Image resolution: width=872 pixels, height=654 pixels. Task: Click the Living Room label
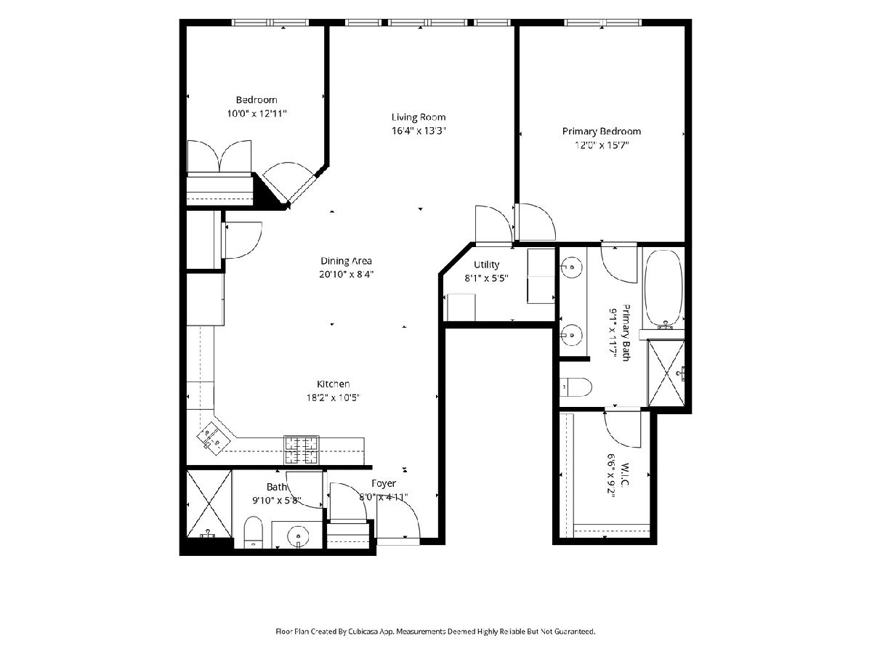(419, 117)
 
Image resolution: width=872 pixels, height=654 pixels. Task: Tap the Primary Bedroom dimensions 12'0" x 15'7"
(602, 145)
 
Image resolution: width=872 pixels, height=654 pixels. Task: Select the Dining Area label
(346, 261)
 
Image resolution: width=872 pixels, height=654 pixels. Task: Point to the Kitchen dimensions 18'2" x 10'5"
(333, 397)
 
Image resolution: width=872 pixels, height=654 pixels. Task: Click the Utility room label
(486, 265)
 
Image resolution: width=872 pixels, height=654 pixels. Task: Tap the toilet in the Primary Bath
(576, 387)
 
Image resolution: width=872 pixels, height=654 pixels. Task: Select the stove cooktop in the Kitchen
(301, 450)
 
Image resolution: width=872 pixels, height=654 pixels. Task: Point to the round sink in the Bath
(297, 536)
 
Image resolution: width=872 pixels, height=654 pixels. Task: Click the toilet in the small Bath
(253, 533)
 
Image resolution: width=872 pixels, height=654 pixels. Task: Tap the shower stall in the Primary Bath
(666, 373)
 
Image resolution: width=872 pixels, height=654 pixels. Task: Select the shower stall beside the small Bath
(209, 504)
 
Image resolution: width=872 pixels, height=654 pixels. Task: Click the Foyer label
(384, 484)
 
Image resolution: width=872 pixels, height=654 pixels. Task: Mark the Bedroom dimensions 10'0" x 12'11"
(257, 114)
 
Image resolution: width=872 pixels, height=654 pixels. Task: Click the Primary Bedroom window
(602, 23)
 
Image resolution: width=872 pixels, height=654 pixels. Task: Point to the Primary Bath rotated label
(626, 333)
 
